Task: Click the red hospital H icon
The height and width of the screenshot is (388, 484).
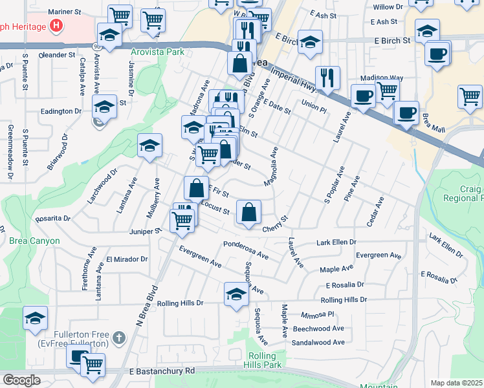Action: [x=58, y=27]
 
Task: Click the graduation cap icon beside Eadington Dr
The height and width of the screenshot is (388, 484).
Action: [x=104, y=105]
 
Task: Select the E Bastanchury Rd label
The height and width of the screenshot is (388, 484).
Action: [x=162, y=371]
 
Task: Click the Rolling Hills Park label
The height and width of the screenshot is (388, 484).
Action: [x=266, y=361]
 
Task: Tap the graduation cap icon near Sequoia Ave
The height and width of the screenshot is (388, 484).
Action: [x=236, y=294]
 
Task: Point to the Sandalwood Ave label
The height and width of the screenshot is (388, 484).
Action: [x=318, y=342]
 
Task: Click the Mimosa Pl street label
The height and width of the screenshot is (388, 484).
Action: [x=317, y=314]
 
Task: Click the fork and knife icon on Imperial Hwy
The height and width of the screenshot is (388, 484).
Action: [x=328, y=78]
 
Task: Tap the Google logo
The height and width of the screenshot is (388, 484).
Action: [x=21, y=380]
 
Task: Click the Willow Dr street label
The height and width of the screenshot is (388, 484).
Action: [x=388, y=7]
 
